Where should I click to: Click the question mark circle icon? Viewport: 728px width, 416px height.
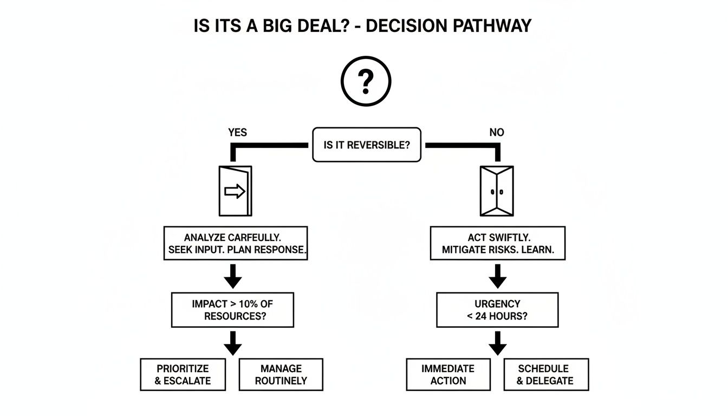pyautogui.click(x=366, y=82)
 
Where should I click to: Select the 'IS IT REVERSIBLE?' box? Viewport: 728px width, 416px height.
pyautogui.click(x=367, y=145)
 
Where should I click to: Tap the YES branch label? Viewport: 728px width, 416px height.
pyautogui.click(x=237, y=133)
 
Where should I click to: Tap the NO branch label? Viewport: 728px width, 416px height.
pyautogui.click(x=497, y=133)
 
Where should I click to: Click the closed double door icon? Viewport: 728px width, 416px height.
pyautogui.click(x=497, y=191)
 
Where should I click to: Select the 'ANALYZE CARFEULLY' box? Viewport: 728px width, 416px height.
pyautogui.click(x=235, y=243)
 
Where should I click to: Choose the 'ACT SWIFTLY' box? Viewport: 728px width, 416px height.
pyautogui.click(x=497, y=243)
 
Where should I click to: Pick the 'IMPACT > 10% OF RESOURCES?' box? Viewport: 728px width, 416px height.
pyautogui.click(x=232, y=310)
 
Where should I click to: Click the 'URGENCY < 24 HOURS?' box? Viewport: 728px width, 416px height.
pyautogui.click(x=497, y=310)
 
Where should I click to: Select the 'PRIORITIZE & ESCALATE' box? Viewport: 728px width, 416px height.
pyautogui.click(x=183, y=374)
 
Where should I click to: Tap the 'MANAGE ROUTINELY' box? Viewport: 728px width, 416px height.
pyautogui.click(x=281, y=374)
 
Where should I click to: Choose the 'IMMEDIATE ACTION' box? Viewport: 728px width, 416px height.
pyautogui.click(x=448, y=374)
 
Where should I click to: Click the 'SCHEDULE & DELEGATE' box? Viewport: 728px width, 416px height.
pyautogui.click(x=545, y=374)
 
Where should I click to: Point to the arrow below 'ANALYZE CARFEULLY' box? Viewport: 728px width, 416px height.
pyautogui.click(x=233, y=276)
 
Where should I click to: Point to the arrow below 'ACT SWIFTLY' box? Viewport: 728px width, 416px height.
pyautogui.click(x=497, y=276)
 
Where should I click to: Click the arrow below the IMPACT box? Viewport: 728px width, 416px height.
pyautogui.click(x=233, y=343)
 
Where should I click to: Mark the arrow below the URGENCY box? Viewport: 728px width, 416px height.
pyautogui.click(x=497, y=343)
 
